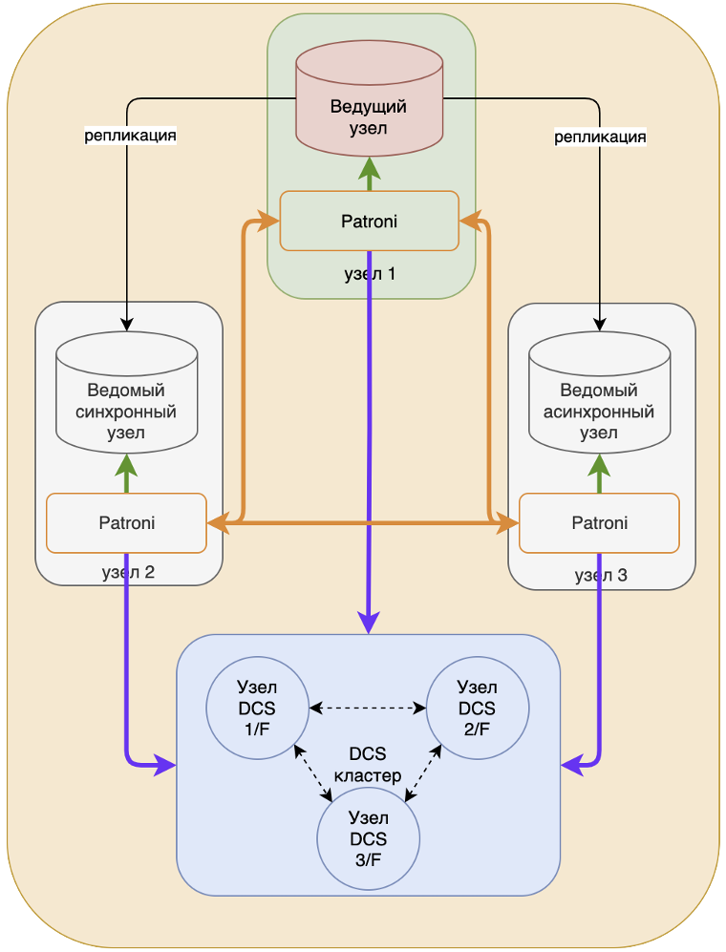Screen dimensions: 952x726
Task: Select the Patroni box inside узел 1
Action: (369, 222)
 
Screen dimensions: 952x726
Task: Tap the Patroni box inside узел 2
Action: (126, 522)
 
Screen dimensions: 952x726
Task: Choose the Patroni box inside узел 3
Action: (599, 522)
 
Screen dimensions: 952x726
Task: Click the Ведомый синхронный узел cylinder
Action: (126, 401)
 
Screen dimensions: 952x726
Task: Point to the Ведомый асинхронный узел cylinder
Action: (599, 401)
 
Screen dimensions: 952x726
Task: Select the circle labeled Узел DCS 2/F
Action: (478, 709)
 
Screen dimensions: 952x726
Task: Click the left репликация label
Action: (131, 136)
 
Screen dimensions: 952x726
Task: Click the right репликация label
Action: (601, 137)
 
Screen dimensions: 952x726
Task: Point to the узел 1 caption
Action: (370, 274)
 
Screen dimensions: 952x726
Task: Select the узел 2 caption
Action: (128, 573)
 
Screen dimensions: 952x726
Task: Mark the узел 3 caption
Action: (601, 575)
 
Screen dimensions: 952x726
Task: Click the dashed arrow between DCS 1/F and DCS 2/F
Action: (368, 709)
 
